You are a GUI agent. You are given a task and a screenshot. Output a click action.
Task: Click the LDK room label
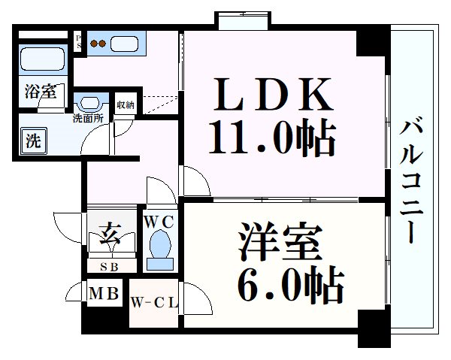[x=274, y=95]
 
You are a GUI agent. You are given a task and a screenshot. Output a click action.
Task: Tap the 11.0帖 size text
[x=272, y=138]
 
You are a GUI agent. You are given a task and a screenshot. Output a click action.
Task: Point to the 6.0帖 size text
[x=290, y=285]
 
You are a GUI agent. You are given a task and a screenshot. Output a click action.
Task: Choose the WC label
[x=159, y=222]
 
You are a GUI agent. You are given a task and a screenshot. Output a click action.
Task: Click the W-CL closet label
[x=154, y=303]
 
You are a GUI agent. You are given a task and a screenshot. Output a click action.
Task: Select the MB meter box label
[x=104, y=294]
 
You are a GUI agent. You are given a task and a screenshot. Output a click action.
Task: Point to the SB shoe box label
[x=109, y=267]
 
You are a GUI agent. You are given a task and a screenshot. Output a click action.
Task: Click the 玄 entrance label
[x=110, y=235]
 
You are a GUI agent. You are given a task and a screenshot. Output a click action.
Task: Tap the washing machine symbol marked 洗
[x=33, y=141]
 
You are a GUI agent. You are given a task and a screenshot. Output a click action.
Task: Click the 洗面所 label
[x=88, y=118]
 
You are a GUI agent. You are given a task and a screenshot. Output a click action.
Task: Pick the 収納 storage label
[x=126, y=105]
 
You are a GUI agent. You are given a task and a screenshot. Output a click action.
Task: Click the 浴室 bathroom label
[x=40, y=92]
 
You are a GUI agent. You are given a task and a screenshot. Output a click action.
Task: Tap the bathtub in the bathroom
[x=43, y=59]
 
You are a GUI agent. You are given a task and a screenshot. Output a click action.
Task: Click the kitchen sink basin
[x=124, y=44]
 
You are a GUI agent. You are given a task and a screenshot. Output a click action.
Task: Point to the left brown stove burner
[x=94, y=44]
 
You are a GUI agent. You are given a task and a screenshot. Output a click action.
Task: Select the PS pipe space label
[x=78, y=41]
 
